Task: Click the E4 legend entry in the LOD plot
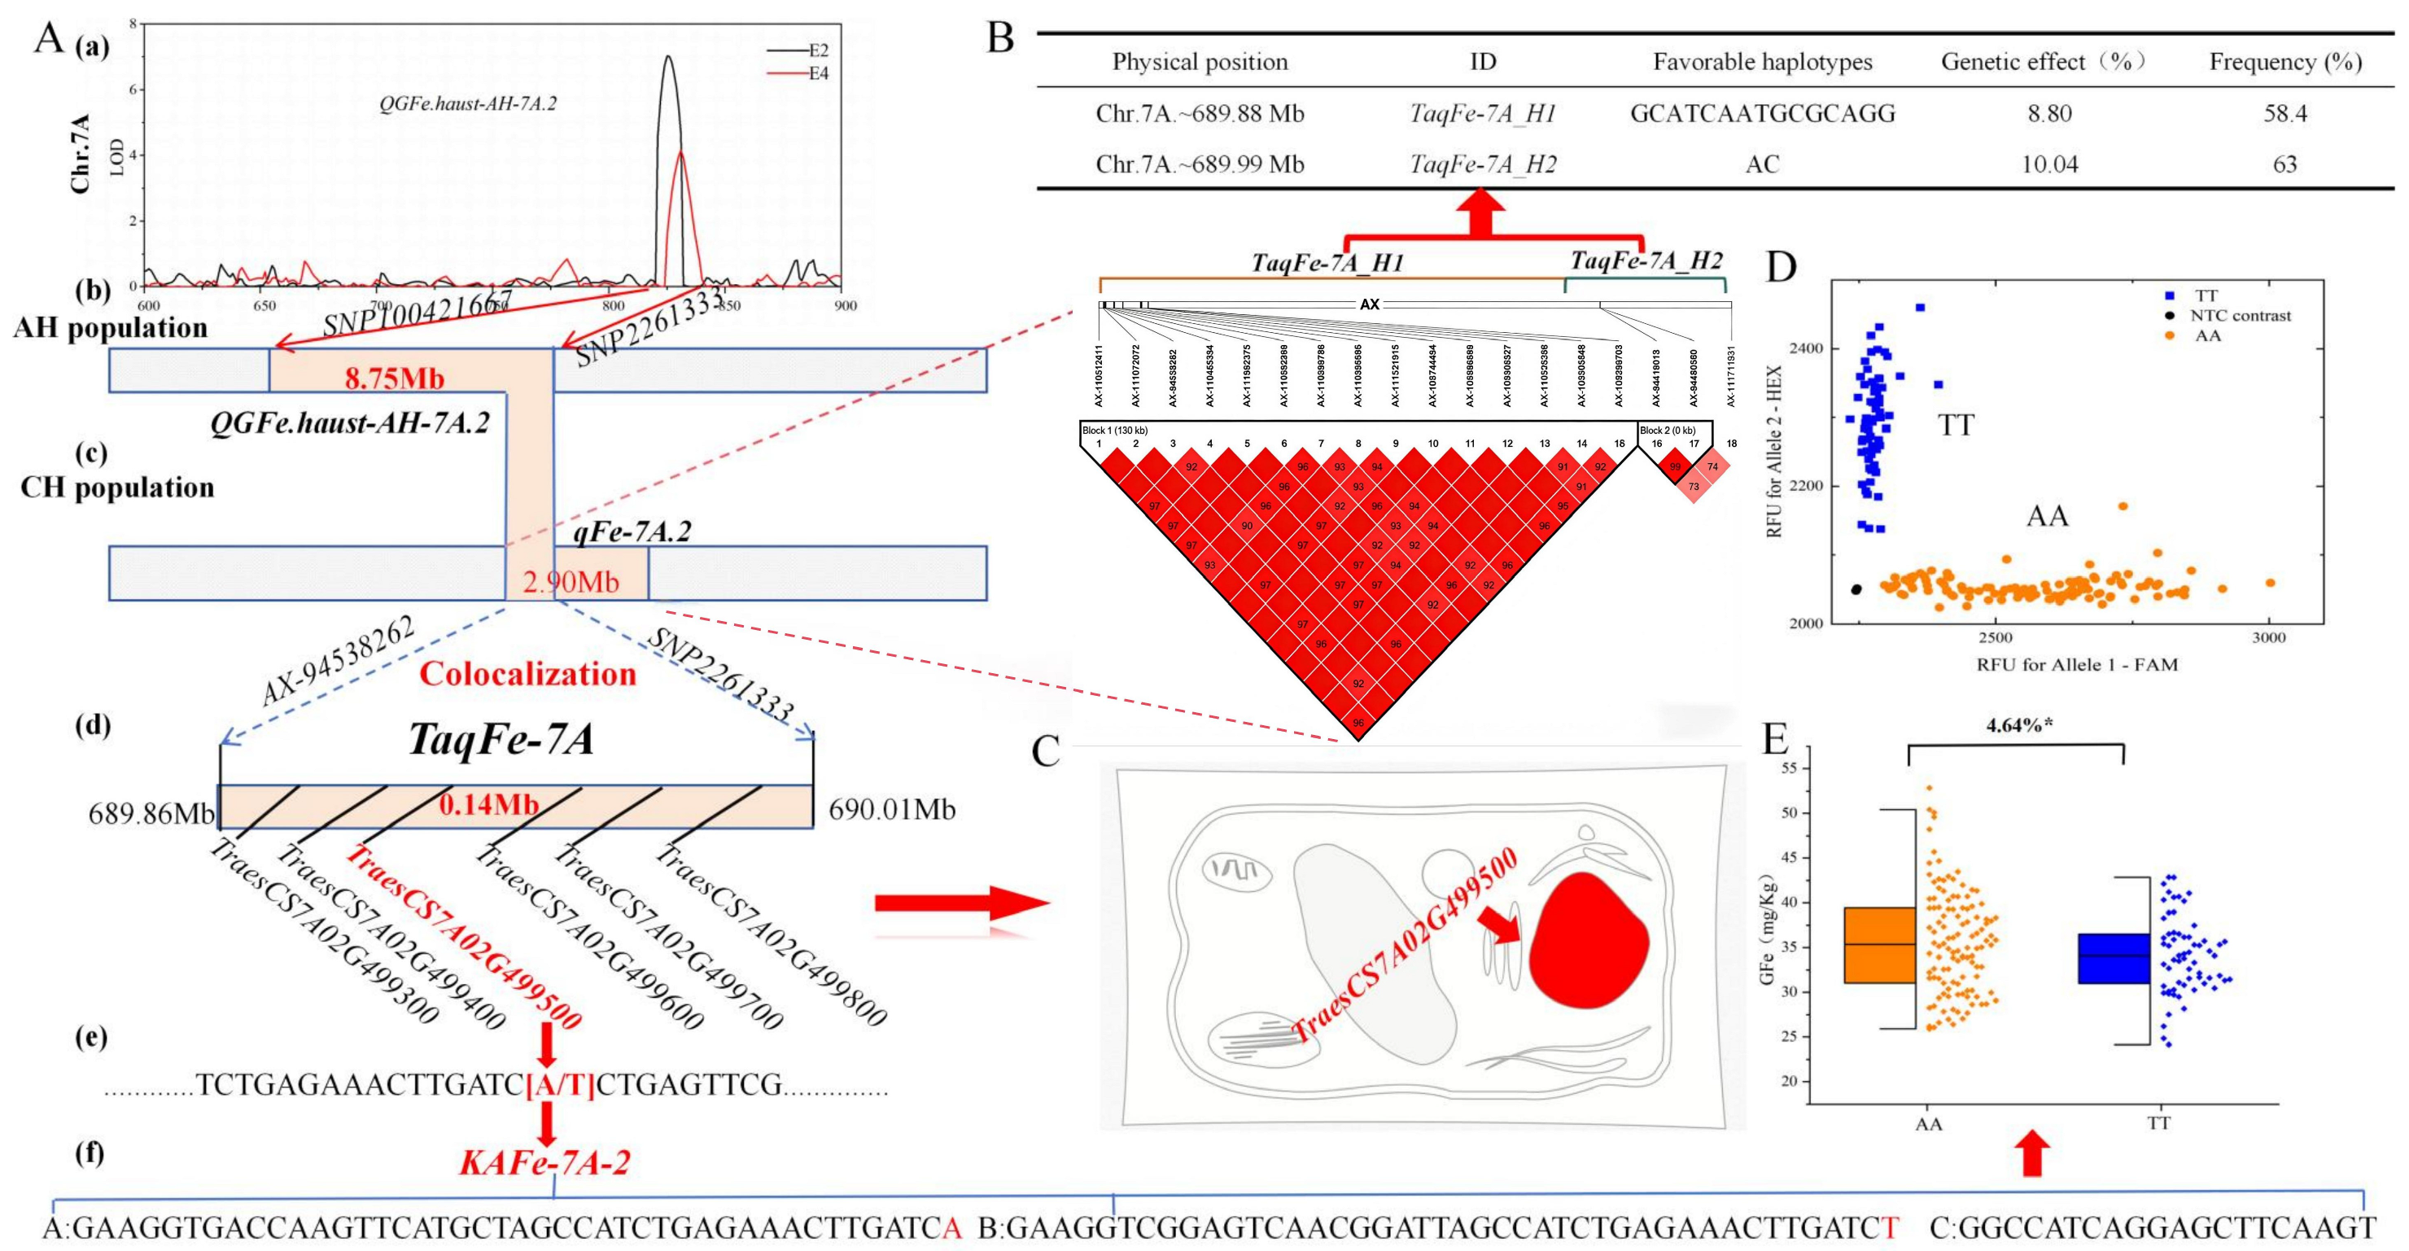point(817,74)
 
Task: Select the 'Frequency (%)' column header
point(2284,62)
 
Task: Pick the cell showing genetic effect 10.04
point(2049,164)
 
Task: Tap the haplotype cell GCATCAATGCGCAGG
point(1762,114)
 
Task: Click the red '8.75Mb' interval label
point(394,378)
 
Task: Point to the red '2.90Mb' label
point(571,582)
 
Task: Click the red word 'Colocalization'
point(527,673)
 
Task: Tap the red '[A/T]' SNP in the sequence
point(560,1086)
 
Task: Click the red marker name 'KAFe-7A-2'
point(544,1162)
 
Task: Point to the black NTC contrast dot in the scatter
point(1856,589)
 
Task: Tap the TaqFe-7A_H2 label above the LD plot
point(1646,260)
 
